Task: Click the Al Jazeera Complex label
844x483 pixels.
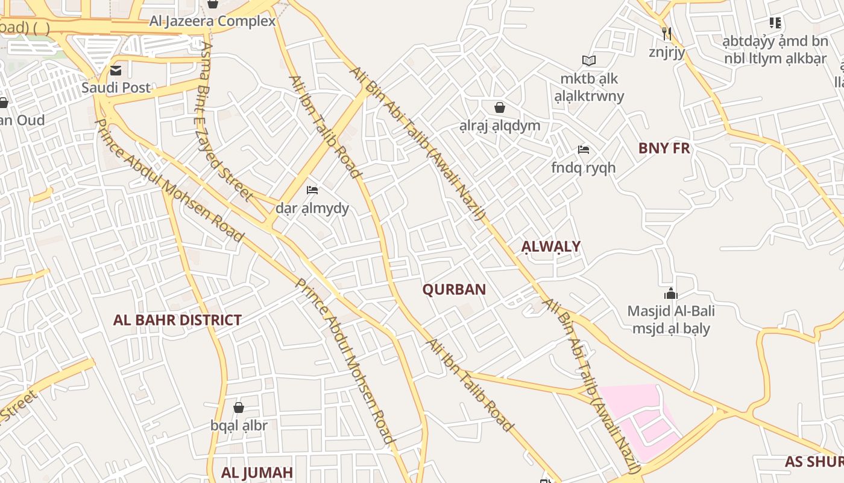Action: pos(212,21)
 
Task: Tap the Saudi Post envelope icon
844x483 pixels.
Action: pos(116,71)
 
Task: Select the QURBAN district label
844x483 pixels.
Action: pos(454,289)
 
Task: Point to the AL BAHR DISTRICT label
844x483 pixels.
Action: pos(177,320)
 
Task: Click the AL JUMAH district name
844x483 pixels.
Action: pos(257,472)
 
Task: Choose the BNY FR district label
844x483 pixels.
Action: pos(664,148)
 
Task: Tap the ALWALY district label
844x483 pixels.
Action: pos(551,246)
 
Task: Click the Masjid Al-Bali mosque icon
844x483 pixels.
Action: pos(671,294)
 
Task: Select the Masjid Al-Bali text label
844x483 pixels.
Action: pos(671,312)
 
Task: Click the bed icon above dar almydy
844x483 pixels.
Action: pos(312,190)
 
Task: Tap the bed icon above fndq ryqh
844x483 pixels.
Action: pos(583,150)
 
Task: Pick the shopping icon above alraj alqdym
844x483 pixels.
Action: pos(500,108)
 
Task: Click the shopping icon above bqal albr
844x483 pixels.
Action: pos(239,408)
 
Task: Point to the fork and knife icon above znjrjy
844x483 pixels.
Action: pos(667,34)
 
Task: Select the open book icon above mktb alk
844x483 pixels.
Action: pos(589,60)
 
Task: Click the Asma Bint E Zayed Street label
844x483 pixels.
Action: pos(226,121)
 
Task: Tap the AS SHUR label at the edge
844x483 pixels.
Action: pos(814,462)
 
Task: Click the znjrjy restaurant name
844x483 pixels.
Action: pos(667,52)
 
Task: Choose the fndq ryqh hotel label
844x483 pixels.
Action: pos(583,167)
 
